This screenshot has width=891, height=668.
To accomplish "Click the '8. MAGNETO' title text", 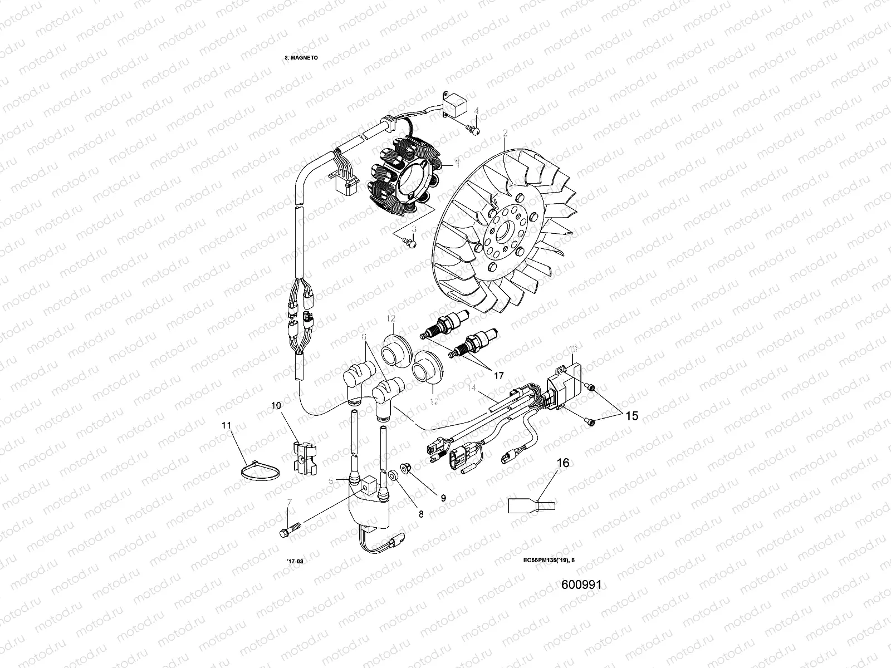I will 301,57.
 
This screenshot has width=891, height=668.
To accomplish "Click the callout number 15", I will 631,416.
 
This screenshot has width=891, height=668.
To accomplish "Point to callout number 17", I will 498,376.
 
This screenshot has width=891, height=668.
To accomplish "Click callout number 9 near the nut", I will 443,498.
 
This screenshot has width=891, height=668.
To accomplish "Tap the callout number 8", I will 420,514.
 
